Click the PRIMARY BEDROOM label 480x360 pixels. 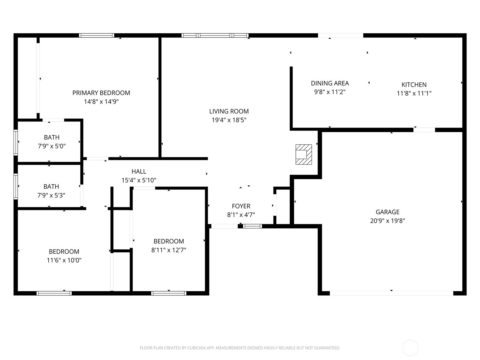(101, 93)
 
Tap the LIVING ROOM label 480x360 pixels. (229, 112)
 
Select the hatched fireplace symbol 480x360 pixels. (304, 154)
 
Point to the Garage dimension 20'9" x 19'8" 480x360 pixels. (388, 221)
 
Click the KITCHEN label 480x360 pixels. (414, 85)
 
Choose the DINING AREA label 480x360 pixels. (330, 83)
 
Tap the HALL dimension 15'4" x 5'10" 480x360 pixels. (139, 180)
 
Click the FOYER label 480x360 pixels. (241, 206)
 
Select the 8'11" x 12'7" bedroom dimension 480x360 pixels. (169, 250)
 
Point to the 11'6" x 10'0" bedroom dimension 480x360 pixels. (64, 260)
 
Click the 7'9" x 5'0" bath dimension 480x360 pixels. (52, 146)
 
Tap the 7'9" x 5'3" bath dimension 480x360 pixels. (51, 195)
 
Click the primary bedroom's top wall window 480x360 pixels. (96, 35)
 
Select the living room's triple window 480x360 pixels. (215, 35)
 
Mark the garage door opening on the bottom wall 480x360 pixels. (391, 293)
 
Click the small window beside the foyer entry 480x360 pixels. (252, 226)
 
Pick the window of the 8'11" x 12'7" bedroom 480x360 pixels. (169, 293)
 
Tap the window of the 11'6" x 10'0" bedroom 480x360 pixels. (54, 293)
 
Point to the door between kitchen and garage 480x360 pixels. (424, 130)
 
